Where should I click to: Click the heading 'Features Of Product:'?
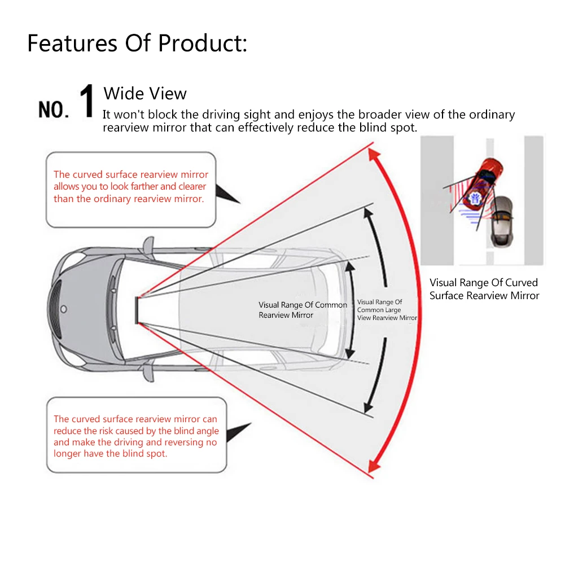point(137,43)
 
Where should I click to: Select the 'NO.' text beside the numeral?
point(53,108)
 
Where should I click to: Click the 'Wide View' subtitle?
point(145,93)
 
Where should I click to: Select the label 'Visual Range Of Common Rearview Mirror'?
point(303,310)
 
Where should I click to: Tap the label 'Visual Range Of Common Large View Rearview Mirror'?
point(387,310)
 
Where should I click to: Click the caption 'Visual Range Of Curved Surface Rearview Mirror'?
point(484,289)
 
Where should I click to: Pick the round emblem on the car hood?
point(63,309)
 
